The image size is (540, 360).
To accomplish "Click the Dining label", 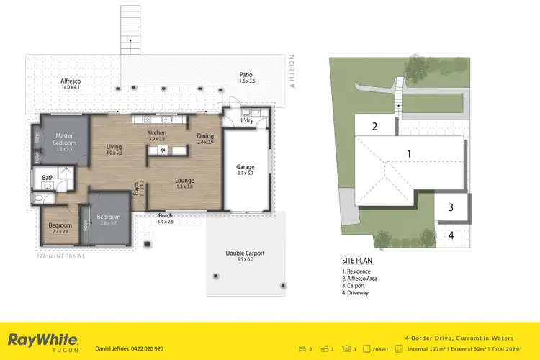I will [x=205, y=138].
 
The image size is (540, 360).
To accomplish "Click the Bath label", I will [x=48, y=177].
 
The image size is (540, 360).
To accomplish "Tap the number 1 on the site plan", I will [x=409, y=153].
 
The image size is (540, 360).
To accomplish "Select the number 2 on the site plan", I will [x=375, y=127].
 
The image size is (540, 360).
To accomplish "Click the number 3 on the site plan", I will [x=451, y=207].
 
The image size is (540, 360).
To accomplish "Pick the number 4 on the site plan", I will [x=451, y=235].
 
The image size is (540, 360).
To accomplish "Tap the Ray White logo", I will [x=43, y=340].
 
